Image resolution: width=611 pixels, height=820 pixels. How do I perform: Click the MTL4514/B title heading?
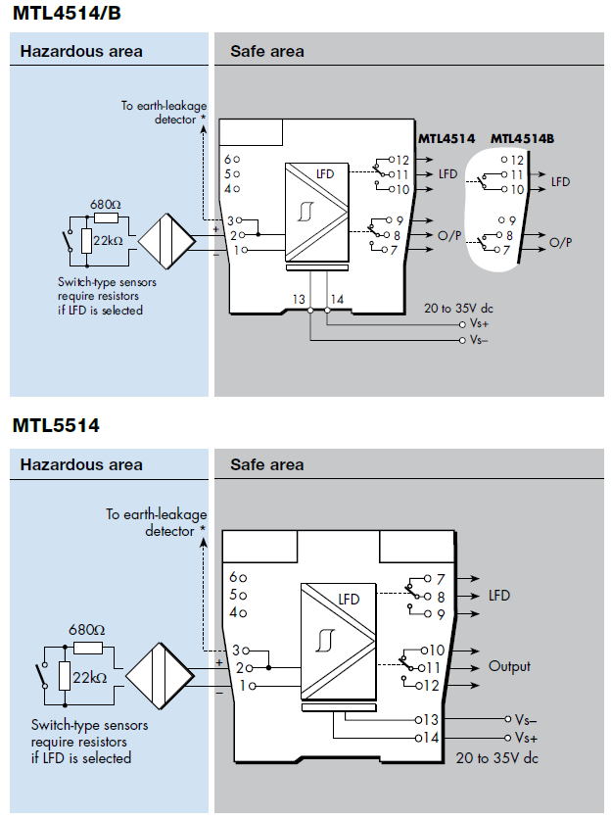click(68, 14)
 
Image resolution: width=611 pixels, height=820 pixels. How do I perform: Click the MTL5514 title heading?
click(56, 426)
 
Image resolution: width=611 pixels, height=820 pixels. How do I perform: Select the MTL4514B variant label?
click(522, 139)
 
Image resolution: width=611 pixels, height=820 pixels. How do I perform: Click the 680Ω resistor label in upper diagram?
click(104, 205)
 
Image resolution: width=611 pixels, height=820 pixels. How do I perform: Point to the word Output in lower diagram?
click(509, 666)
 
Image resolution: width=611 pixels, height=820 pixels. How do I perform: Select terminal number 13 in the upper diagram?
click(299, 298)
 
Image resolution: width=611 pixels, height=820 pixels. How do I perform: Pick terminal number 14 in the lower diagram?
click(433, 737)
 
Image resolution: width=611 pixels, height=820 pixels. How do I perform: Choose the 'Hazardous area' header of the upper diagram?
click(81, 51)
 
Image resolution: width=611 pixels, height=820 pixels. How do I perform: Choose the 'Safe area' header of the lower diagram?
click(267, 464)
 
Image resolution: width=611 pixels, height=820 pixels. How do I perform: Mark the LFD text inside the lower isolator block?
click(349, 599)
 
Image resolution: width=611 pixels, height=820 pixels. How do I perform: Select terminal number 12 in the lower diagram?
click(433, 685)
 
